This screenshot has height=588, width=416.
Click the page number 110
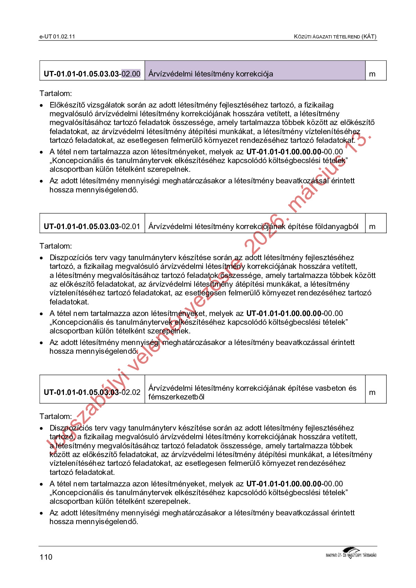(46, 557)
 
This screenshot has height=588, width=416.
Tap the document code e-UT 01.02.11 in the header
(57, 37)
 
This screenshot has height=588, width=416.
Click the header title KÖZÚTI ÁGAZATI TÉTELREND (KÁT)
(335, 37)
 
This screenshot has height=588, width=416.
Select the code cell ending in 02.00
(92, 74)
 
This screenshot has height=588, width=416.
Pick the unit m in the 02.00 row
(372, 74)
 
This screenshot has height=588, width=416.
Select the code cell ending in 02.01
(92, 227)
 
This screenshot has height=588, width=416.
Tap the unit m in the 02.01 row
(372, 227)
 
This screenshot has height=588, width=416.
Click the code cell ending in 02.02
(92, 392)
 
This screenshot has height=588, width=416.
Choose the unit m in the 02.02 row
(372, 392)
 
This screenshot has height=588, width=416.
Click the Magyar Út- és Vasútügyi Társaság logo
(351, 553)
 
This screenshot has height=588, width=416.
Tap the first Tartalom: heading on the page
(56, 94)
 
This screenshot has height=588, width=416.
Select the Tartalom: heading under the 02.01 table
(56, 246)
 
